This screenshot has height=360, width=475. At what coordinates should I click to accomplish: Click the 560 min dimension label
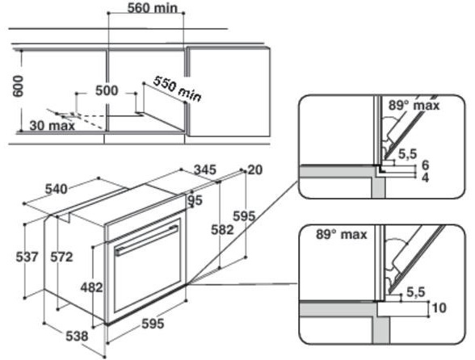tap(152, 8)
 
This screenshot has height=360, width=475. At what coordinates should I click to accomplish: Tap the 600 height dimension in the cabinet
tap(19, 86)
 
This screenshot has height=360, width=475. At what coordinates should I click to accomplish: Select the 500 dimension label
tap(107, 90)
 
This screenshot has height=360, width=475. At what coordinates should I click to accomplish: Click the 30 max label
tap(52, 126)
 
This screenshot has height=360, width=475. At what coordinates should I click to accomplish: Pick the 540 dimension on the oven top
tap(56, 189)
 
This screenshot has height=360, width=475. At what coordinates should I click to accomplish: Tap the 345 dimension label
tap(205, 170)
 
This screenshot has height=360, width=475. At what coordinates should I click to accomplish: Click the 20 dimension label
tap(255, 170)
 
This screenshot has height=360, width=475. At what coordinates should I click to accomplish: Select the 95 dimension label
tap(195, 200)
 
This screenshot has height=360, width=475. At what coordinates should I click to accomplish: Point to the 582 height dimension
tap(222, 230)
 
